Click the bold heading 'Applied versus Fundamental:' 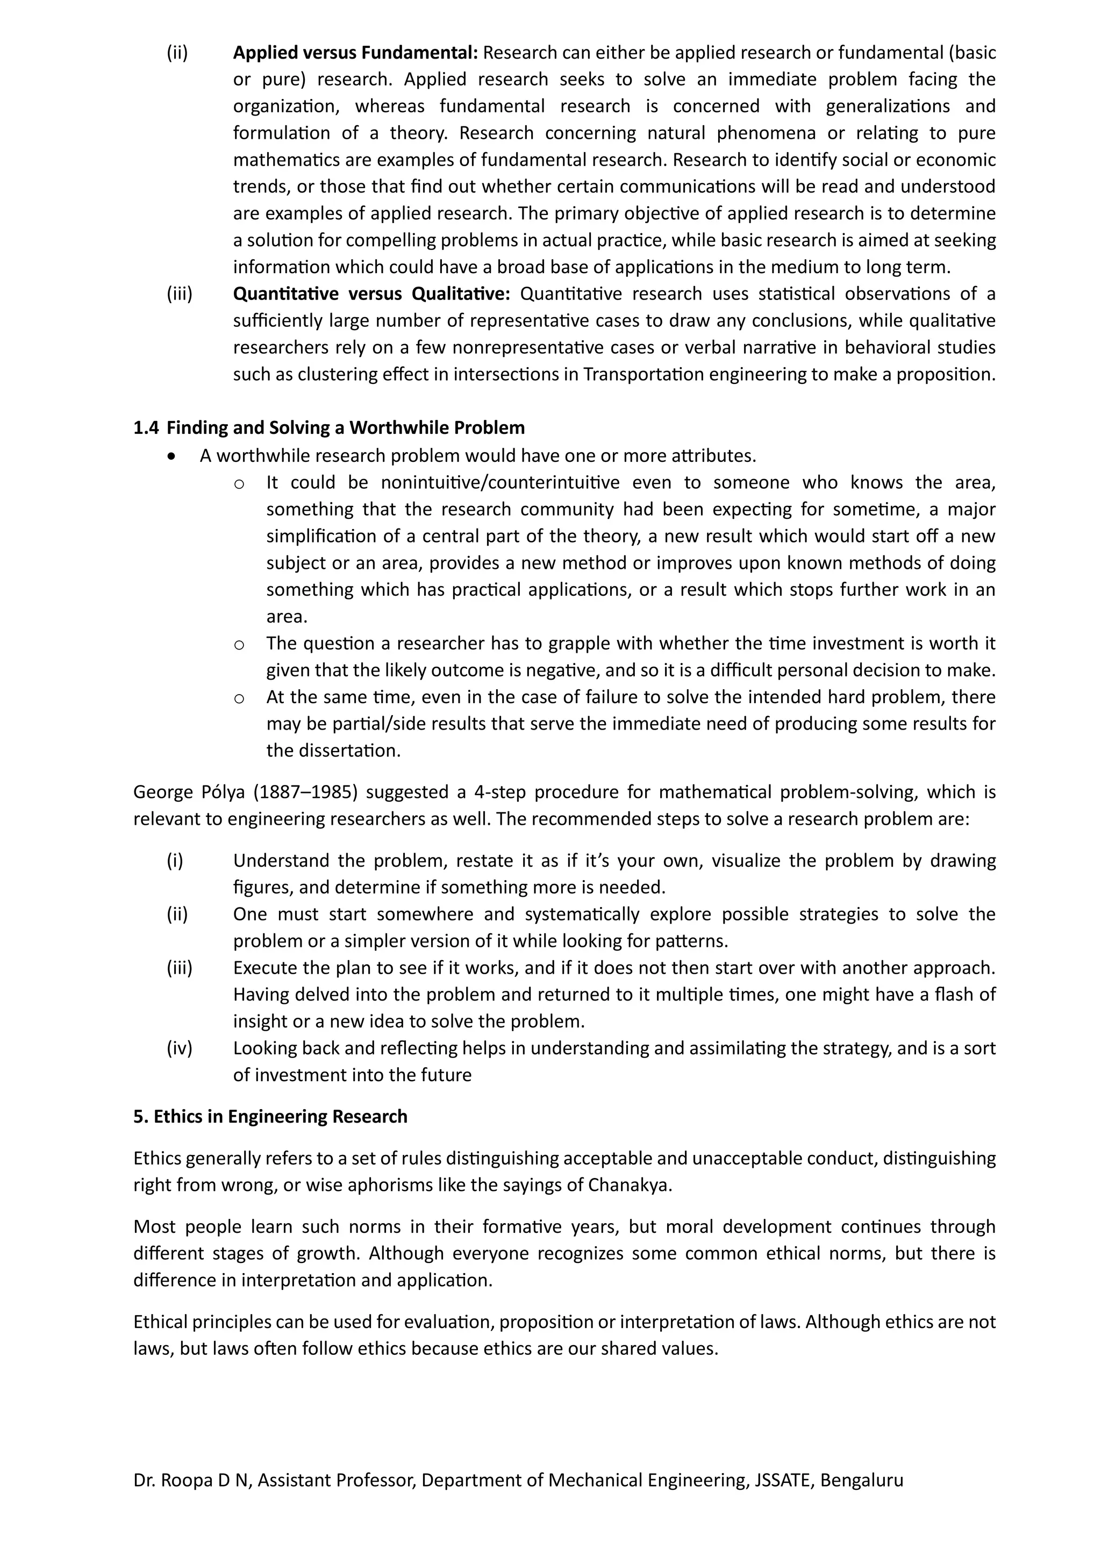pos(355,52)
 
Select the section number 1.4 pos(146,428)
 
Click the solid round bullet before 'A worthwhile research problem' pos(174,456)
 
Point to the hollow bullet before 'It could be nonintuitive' pos(239,483)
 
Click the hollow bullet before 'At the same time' pos(239,698)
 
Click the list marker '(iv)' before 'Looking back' pos(180,1048)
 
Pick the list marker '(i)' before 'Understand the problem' pos(175,861)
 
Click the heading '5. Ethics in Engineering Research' pos(270,1117)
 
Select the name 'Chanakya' pos(628,1185)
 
